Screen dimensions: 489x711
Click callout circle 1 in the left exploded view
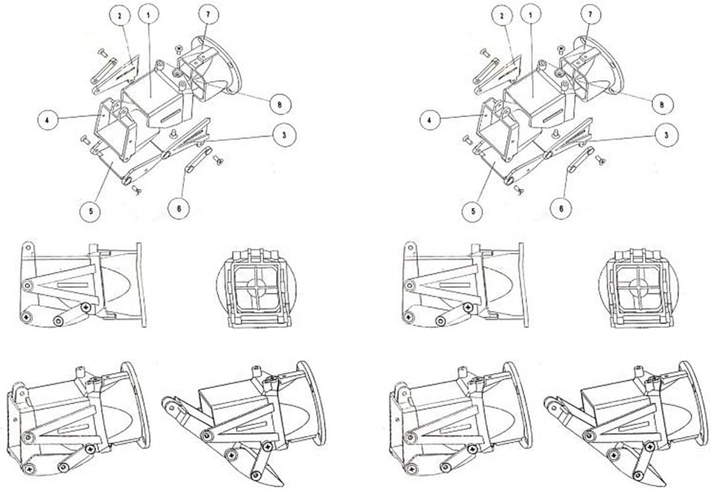[x=148, y=15]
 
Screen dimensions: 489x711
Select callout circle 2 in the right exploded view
[x=502, y=16]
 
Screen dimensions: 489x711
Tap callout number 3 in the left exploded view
[x=283, y=135]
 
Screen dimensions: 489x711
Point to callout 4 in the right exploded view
[x=429, y=120]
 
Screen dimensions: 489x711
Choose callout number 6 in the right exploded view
[x=561, y=208]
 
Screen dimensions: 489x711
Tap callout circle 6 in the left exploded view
[x=179, y=208]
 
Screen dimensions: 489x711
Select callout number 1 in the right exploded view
[x=530, y=15]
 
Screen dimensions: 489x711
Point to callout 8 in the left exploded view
[x=279, y=105]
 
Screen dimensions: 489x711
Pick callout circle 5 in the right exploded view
[x=473, y=211]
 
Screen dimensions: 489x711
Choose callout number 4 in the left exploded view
[x=47, y=120]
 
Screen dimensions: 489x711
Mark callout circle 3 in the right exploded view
[x=666, y=135]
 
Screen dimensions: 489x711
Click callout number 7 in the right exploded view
[x=590, y=14]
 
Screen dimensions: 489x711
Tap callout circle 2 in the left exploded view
[x=120, y=16]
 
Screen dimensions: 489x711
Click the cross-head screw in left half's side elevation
[x=86, y=307]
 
